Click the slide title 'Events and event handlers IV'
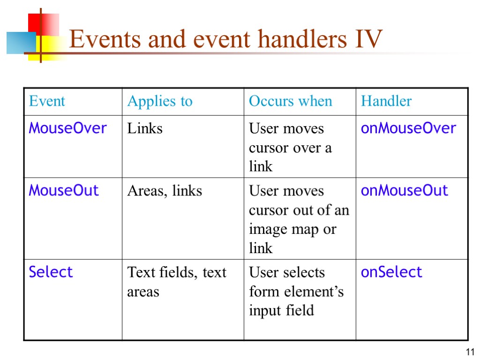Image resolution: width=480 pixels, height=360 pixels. [x=225, y=39]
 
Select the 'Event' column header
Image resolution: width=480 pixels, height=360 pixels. [x=47, y=101]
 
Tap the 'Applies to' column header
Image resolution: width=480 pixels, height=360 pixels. [x=160, y=101]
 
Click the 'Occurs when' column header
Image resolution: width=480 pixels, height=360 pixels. [x=290, y=101]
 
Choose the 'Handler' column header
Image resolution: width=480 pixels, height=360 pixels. [x=386, y=101]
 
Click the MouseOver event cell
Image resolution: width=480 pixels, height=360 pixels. [x=68, y=128]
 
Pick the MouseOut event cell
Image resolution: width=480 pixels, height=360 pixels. [x=64, y=190]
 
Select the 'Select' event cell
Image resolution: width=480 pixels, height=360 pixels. [x=51, y=272]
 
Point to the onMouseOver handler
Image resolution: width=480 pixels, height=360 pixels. [x=408, y=128]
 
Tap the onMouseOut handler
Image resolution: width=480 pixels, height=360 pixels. [x=404, y=190]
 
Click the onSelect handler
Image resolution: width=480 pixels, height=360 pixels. [x=391, y=272]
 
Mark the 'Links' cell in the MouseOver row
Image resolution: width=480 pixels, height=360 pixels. [x=145, y=128]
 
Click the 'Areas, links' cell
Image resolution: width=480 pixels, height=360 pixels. [x=165, y=191]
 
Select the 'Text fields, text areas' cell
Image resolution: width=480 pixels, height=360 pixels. [x=176, y=282]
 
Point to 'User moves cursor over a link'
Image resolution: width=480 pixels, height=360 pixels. [x=290, y=147]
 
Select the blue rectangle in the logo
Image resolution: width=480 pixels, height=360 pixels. [x=21, y=43]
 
